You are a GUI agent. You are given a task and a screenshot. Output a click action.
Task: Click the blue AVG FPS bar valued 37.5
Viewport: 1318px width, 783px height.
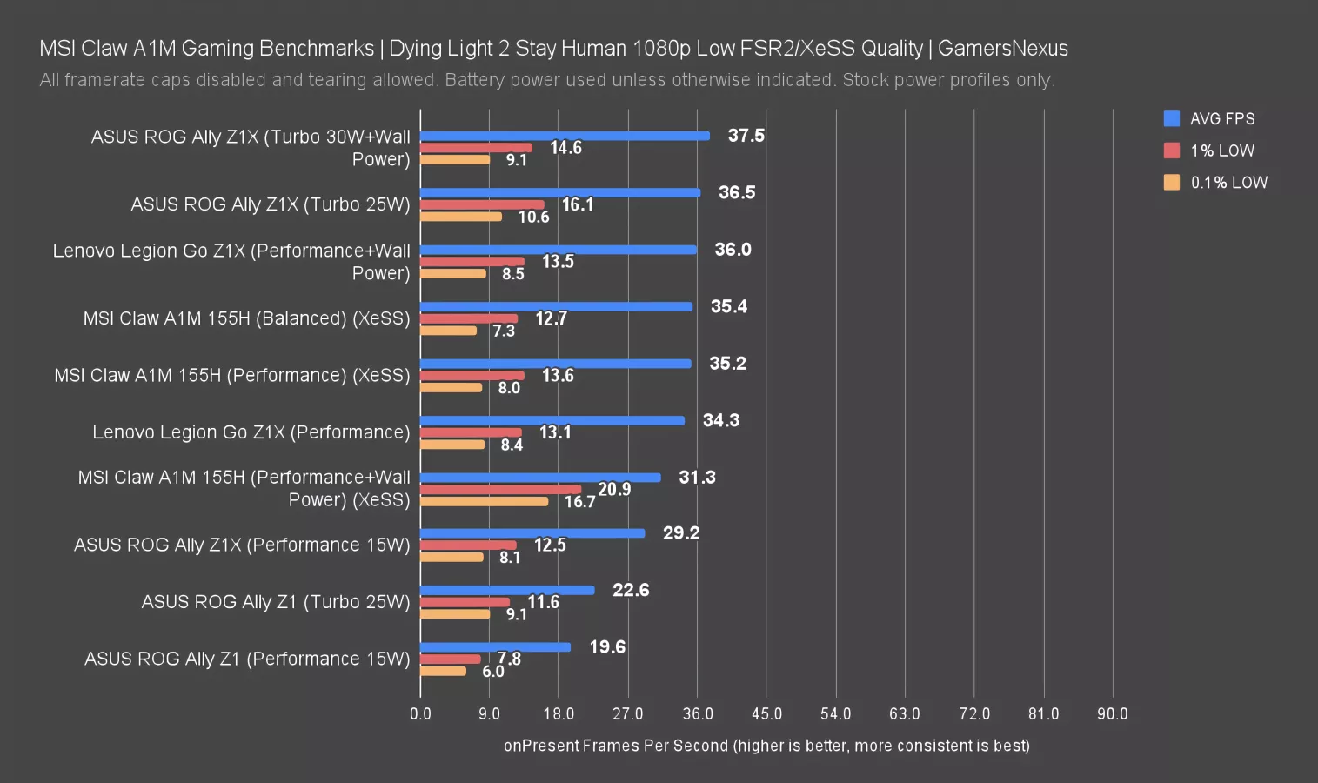pyautogui.click(x=565, y=136)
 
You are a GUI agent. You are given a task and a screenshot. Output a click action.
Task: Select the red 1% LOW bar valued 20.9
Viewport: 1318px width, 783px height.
pyautogui.click(x=500, y=490)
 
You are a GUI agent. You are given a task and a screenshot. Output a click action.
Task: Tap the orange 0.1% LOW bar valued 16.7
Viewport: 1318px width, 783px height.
pyautogui.click(x=485, y=502)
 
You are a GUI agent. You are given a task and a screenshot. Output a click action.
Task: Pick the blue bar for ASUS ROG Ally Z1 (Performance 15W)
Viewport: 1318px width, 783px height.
pyautogui.click(x=495, y=647)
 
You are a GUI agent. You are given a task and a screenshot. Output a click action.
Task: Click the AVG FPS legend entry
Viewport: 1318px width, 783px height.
pyautogui.click(x=1221, y=119)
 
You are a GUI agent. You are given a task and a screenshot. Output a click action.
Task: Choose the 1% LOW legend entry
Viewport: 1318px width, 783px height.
pyautogui.click(x=1221, y=151)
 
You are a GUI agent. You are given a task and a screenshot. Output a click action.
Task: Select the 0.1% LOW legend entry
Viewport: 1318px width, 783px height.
pyautogui.click(x=1228, y=183)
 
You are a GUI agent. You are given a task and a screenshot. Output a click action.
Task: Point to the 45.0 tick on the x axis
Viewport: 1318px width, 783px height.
pyautogui.click(x=766, y=714)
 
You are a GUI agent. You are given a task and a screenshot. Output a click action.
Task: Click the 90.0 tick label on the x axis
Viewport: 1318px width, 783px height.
pyautogui.click(x=1112, y=714)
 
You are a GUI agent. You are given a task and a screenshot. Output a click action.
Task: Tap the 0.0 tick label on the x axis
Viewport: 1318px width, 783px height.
pyautogui.click(x=420, y=714)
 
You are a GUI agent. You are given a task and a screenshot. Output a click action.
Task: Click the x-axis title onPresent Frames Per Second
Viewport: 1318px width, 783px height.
pyautogui.click(x=766, y=746)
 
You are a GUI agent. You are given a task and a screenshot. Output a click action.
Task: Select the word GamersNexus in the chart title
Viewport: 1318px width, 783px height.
pyautogui.click(x=1002, y=49)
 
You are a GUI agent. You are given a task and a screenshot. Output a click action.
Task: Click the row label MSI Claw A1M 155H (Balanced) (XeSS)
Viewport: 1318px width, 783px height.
pyautogui.click(x=246, y=318)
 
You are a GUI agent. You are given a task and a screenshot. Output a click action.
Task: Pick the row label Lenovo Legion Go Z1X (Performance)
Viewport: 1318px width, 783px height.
pyautogui.click(x=251, y=432)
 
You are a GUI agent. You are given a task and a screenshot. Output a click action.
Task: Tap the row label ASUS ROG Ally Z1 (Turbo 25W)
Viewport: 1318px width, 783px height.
pyautogui.click(x=275, y=602)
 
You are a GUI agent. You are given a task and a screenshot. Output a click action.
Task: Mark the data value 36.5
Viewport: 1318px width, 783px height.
pyautogui.click(x=737, y=192)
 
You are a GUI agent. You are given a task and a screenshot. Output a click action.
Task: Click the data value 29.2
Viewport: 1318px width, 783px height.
pyautogui.click(x=681, y=533)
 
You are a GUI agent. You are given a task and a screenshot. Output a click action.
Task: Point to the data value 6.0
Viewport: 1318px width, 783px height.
pyautogui.click(x=493, y=672)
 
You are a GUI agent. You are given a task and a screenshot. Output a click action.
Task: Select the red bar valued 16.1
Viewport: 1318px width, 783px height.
pyautogui.click(x=482, y=205)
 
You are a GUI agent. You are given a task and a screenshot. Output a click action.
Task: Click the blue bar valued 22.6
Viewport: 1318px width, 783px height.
pyautogui.click(x=507, y=590)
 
